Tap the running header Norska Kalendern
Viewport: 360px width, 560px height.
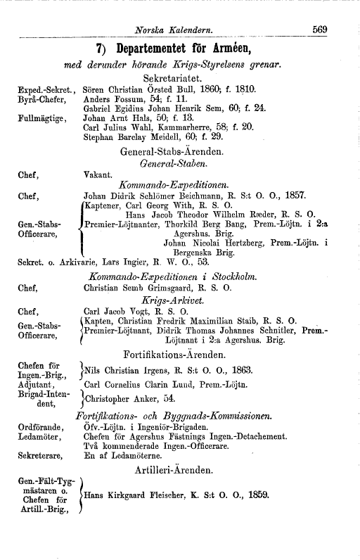pyautogui.click(x=177, y=30)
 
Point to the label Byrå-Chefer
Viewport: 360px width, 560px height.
pyautogui.click(x=38, y=100)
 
